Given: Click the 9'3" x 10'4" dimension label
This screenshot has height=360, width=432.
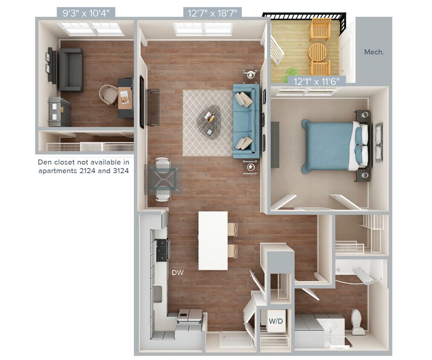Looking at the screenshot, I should point(86,13).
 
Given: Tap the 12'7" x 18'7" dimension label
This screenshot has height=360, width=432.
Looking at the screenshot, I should point(212,13).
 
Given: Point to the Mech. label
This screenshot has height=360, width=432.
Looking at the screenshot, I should point(374,52).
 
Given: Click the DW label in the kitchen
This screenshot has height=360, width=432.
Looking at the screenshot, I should point(177,272).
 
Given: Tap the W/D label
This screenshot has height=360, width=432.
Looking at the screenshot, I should point(274,320).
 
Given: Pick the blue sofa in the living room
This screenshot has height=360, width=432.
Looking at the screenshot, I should point(246,121).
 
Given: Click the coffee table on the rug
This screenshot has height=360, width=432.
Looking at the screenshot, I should point(209,121).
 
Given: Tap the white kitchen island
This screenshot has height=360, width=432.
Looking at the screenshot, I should point(213,241).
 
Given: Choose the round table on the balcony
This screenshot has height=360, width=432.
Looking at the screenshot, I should point(317,52).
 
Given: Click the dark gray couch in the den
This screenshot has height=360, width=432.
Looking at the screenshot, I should point(71,70).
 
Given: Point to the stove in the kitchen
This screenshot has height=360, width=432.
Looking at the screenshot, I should point(162,250).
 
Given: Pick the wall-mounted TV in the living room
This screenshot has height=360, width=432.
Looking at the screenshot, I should point(142,102).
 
